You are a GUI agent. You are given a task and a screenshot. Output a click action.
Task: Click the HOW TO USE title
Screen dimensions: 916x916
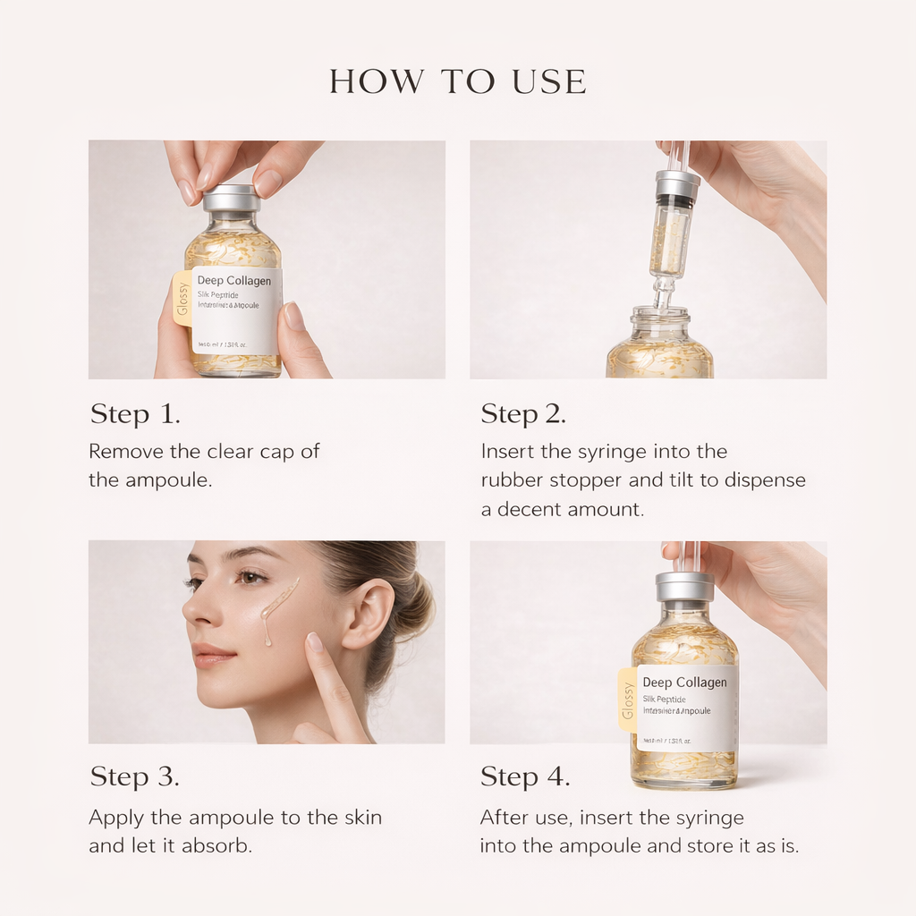point(458,81)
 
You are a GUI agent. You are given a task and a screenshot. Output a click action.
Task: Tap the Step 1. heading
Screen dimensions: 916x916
point(135,414)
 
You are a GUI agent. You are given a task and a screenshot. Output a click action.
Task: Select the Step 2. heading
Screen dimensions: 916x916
point(523,414)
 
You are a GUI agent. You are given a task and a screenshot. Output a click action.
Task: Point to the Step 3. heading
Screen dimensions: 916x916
point(135,776)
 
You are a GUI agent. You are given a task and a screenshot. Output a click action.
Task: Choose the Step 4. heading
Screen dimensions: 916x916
point(525,776)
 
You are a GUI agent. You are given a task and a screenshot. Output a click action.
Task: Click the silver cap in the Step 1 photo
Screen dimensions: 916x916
point(232,198)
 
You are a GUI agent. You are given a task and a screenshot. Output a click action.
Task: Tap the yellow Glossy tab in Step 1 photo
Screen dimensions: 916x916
point(182,298)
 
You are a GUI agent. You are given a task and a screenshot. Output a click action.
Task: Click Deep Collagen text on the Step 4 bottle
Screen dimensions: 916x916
point(684,683)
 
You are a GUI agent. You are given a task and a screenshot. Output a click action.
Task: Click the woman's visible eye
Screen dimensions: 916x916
point(251,577)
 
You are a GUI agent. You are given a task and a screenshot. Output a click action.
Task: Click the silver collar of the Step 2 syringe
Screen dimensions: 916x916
point(677,184)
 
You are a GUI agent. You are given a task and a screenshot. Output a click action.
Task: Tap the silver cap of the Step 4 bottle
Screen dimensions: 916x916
point(684,586)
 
